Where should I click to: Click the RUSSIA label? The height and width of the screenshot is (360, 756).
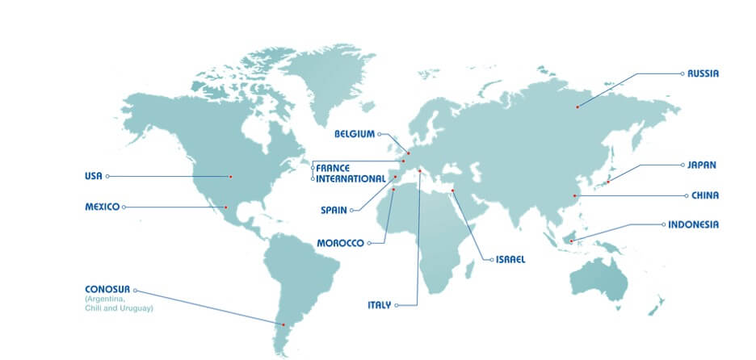pos(703,73)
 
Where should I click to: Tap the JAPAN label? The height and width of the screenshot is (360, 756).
pos(702,165)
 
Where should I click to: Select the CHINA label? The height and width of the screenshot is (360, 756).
pos(704,195)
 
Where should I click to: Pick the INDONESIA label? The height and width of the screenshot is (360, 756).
pos(693,224)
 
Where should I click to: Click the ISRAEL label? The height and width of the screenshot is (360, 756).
pos(510,260)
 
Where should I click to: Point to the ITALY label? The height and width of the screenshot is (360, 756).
pos(379,305)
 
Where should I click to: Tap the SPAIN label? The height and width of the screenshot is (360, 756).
pos(334,210)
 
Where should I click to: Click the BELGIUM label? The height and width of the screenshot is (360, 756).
pos(355,134)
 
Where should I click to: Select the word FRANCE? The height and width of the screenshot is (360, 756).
pos(333,168)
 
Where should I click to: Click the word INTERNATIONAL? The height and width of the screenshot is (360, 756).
pos(351,178)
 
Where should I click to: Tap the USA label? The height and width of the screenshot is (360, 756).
pos(93,176)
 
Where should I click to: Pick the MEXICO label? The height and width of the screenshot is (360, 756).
pos(102,207)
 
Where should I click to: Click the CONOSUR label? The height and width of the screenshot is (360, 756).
pos(107,289)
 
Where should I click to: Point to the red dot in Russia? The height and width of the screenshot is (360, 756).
pos(577,107)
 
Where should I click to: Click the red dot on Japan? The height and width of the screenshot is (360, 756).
pos(607,182)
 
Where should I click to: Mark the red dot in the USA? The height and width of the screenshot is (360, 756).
pos(230,176)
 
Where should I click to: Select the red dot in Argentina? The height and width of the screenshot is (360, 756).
pos(283,324)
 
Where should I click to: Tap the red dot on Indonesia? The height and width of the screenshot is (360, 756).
pos(571,241)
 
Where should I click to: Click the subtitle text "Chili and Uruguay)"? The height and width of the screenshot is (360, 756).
pos(119,308)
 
